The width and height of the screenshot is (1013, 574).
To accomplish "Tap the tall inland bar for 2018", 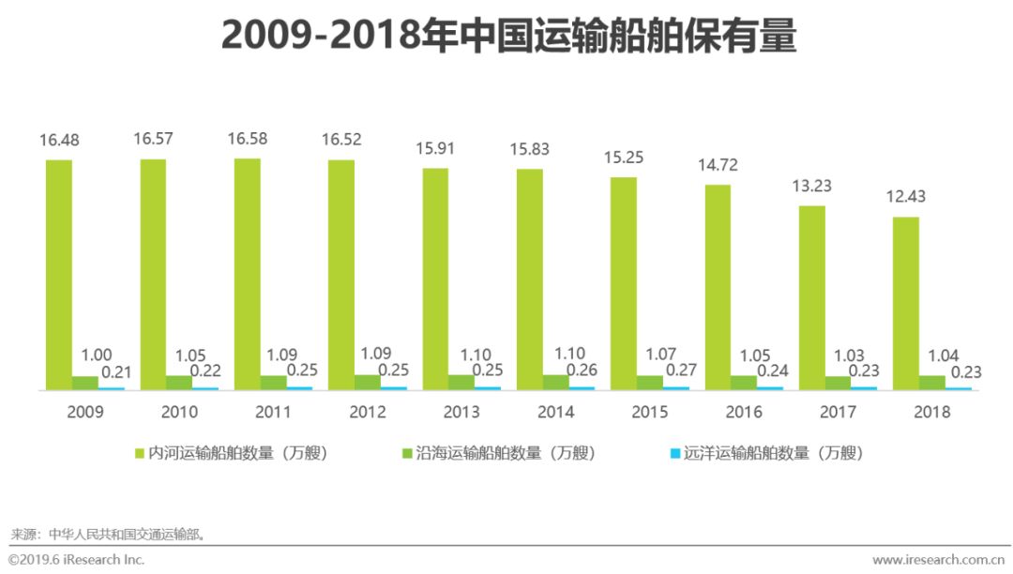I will point(906,302).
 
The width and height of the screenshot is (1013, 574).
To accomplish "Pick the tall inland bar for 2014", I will point(530,279).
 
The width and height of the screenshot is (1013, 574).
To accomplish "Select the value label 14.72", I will point(718,165).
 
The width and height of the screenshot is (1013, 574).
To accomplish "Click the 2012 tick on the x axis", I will point(367,412).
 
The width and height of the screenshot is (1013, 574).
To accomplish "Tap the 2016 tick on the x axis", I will point(743,412).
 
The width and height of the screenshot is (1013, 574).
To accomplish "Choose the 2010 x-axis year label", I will point(178,412).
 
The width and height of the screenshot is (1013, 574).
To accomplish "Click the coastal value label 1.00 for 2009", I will point(97,355).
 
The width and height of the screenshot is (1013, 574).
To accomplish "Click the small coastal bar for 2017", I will point(838,382).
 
